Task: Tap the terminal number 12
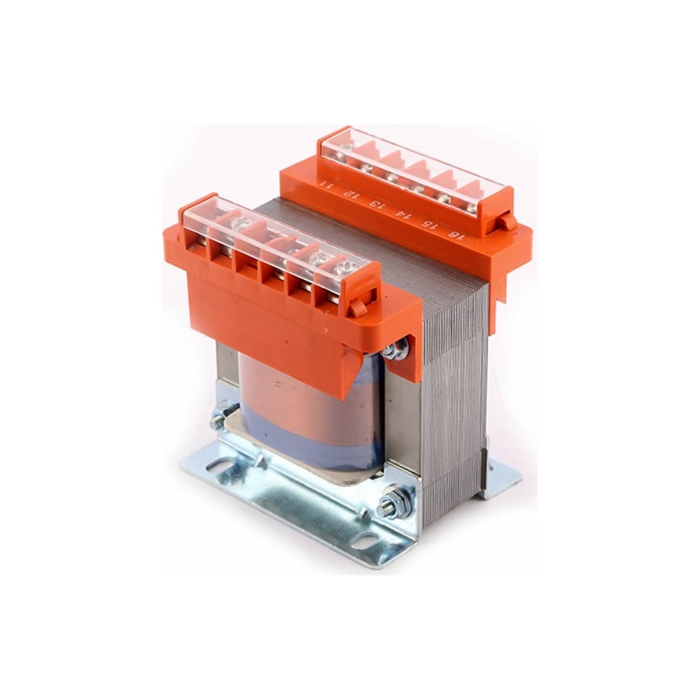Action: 351,194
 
